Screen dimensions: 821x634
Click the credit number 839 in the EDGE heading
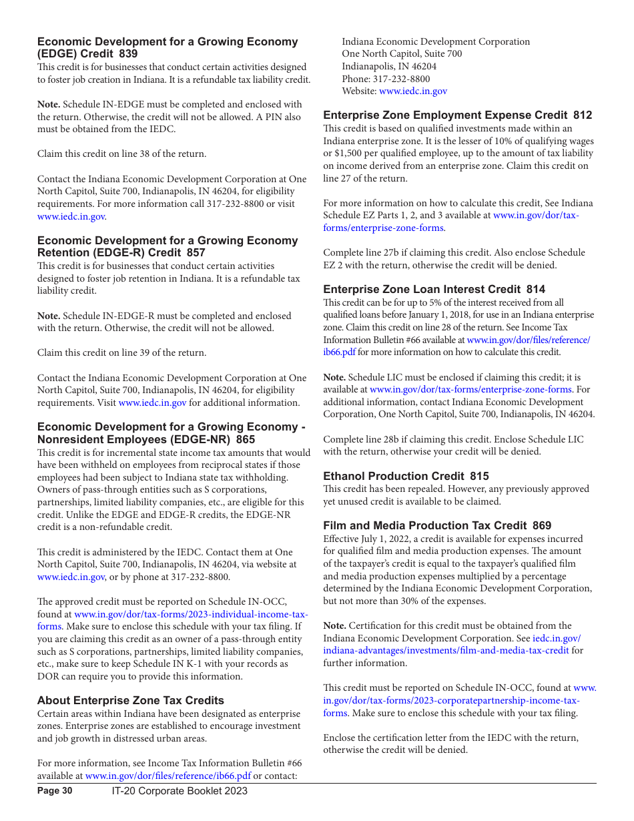128,54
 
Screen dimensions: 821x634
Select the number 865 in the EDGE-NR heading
245,439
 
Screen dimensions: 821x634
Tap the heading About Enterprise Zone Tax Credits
131,700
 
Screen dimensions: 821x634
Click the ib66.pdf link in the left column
168,776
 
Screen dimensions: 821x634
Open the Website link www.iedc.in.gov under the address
413,91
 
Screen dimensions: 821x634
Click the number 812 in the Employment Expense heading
583,115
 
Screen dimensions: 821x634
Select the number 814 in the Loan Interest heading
535,290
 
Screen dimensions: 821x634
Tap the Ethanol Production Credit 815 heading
406,476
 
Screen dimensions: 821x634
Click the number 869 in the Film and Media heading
542,526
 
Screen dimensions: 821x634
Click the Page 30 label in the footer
55,791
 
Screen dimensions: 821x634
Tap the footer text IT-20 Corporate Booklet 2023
180,791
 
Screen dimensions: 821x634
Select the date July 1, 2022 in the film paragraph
388,539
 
